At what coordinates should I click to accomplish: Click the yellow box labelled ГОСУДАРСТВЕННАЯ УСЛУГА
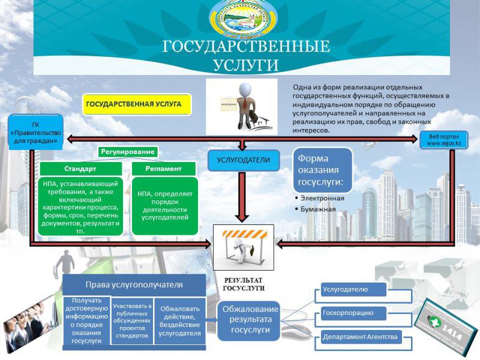136,104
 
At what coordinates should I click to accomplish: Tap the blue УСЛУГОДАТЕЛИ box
244,160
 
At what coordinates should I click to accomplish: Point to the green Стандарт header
81,169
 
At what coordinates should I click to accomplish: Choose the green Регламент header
163,169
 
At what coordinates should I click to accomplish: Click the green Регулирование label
127,152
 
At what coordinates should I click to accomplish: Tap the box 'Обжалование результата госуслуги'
247,320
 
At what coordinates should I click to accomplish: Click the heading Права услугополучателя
134,284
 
